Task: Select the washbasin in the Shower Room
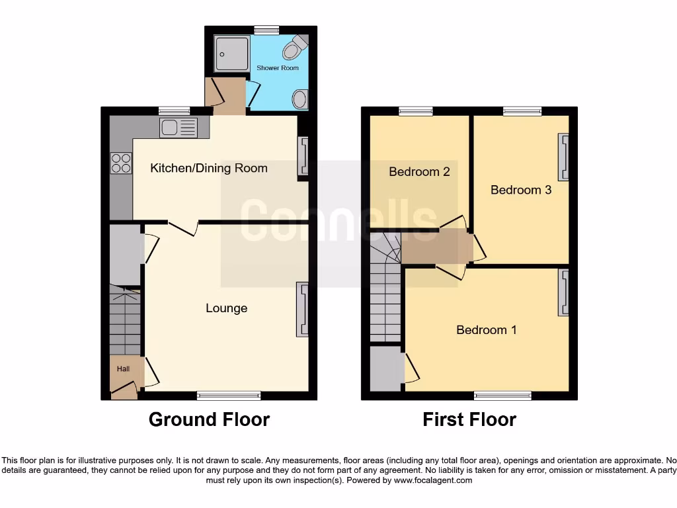[x=299, y=100]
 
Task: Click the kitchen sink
[x=178, y=127]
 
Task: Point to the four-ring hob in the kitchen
[x=121, y=163]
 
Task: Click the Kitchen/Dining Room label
[x=209, y=168]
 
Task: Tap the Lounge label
[x=227, y=308]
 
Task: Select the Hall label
[x=124, y=368]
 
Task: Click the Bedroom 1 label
[x=487, y=329]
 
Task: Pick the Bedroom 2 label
[x=419, y=172]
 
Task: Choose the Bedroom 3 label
[x=521, y=190]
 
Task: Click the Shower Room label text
[x=278, y=68]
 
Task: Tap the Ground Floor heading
[x=209, y=419]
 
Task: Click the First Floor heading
[x=469, y=419]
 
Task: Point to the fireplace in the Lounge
[x=303, y=310]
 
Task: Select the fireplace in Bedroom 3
[x=564, y=157]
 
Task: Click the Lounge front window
[x=229, y=396]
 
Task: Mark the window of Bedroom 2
[x=416, y=111]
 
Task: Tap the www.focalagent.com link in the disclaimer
[x=433, y=480]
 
